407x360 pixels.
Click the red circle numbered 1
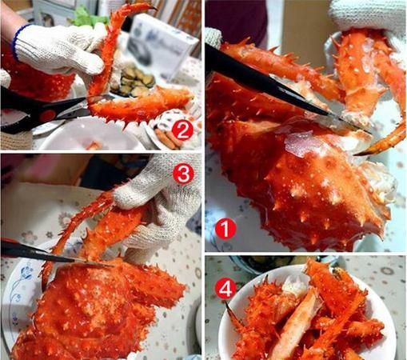pyautogui.click(x=225, y=229)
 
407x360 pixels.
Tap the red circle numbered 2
pyautogui.click(x=182, y=130)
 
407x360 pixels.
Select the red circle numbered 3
pyautogui.click(x=183, y=174)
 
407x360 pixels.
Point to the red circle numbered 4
pyautogui.click(x=225, y=290)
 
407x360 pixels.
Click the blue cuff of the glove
pyautogui.click(x=18, y=40)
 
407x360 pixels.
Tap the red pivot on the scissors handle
pyautogui.click(x=49, y=114)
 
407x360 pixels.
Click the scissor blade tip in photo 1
pyautogui.click(x=369, y=132)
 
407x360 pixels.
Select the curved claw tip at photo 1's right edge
pyautogui.click(x=358, y=154)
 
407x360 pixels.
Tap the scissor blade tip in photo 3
pyautogui.click(x=111, y=266)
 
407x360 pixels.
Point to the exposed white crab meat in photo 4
pyautogui.click(x=294, y=286)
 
